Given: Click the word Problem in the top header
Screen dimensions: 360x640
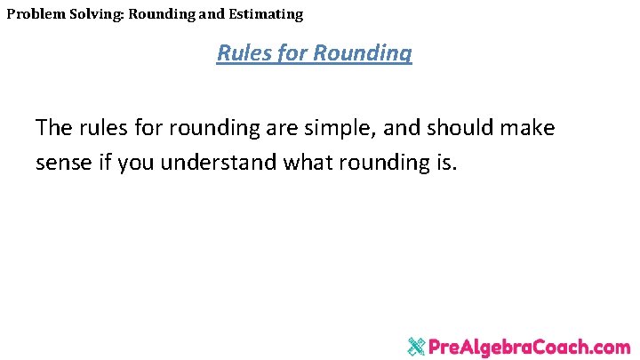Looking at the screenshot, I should tap(35, 14).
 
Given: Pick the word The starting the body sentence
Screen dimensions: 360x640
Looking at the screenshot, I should tap(54, 128).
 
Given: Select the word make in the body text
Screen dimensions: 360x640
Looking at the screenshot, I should tap(529, 128).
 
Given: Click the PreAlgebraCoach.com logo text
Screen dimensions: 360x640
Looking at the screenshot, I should tap(530, 346).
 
